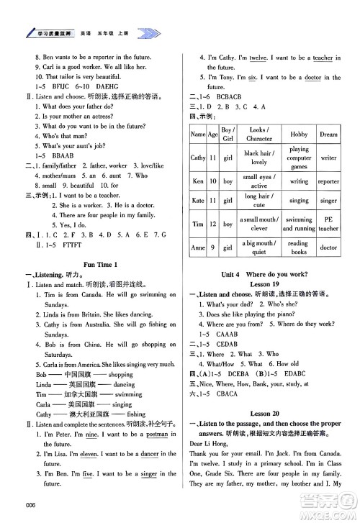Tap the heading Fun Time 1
click(100, 264)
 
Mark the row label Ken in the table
click(197, 181)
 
